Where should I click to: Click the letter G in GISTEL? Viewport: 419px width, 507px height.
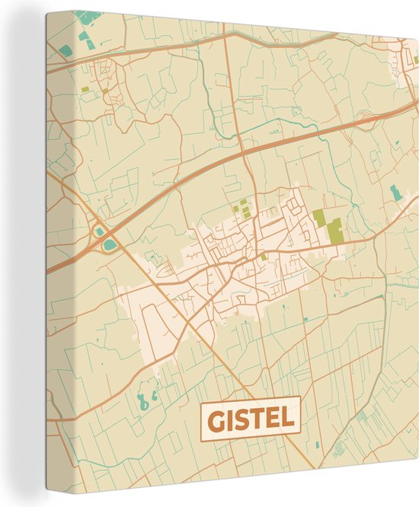216,419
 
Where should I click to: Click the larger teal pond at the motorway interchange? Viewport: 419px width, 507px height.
111,244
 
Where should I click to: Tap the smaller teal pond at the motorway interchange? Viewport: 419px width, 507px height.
98,231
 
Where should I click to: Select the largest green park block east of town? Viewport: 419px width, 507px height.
334,228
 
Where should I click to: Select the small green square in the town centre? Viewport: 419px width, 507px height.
264,257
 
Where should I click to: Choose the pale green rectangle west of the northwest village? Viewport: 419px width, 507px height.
85,89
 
